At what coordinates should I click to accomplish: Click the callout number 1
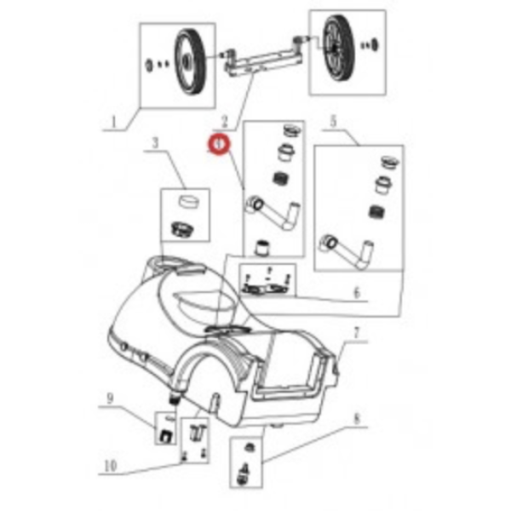[114, 123]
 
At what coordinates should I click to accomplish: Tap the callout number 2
[223, 123]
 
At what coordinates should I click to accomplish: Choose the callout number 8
[356, 418]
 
